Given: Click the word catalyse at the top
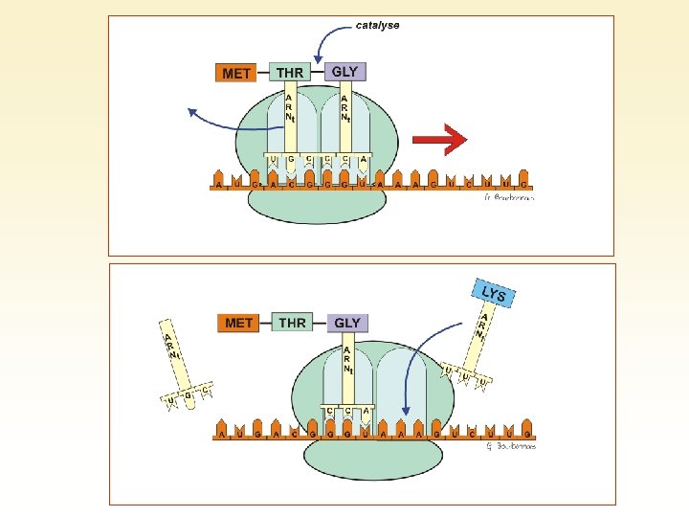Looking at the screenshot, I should point(377,26).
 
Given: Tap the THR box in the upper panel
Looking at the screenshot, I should point(290,73).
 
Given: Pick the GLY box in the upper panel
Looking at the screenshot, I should point(344,72).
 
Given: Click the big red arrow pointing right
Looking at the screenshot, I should point(439,141).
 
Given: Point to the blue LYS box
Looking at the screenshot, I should point(493,294).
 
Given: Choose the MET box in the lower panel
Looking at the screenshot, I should point(238,323).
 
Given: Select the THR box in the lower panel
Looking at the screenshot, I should point(293,323).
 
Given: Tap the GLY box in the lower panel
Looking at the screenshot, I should point(347,323).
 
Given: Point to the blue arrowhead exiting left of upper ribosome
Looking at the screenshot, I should point(192,112).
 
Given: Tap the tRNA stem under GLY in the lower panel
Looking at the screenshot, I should point(347,369).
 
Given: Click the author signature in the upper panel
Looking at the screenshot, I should point(508,199).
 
